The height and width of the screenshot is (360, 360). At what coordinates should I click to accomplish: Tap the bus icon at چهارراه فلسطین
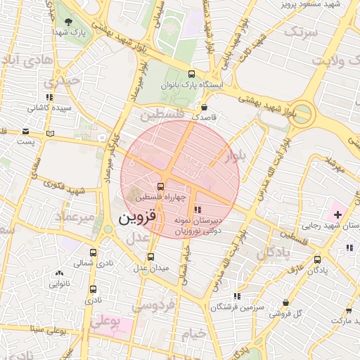click(162, 186)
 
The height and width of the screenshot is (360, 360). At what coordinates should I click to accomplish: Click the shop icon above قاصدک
click(204, 108)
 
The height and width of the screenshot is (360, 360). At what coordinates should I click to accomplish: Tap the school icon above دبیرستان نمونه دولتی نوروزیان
click(197, 209)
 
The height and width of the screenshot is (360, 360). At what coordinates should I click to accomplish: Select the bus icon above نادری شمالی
click(94, 252)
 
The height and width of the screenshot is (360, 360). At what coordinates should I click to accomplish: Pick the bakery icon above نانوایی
click(58, 273)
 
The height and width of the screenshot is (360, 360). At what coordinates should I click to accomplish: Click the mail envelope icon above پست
click(26, 131)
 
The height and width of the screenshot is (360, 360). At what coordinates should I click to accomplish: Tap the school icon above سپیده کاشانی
click(49, 97)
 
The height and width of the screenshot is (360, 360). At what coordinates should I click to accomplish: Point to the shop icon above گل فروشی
click(286, 302)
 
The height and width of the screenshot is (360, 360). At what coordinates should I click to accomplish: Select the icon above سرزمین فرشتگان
click(237, 296)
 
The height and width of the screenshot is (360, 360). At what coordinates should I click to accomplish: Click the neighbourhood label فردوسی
click(154, 307)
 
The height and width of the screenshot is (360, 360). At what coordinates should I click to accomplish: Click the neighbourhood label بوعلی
click(105, 323)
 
